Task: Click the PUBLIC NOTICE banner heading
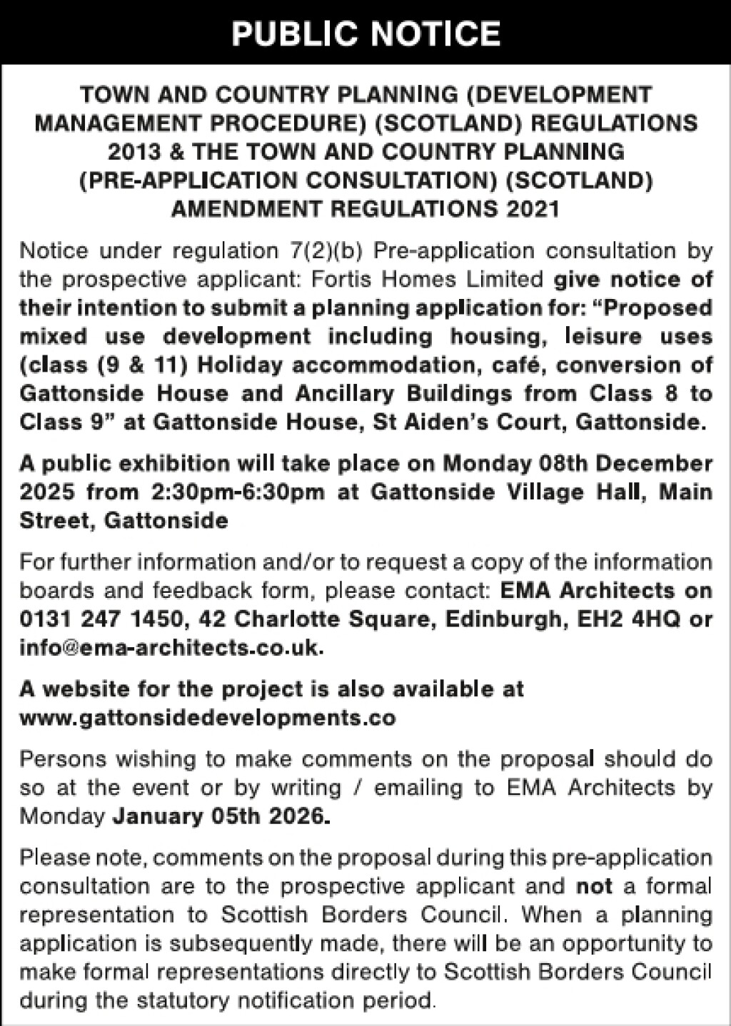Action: (365, 34)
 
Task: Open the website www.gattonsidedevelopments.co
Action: (207, 717)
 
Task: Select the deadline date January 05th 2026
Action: (221, 816)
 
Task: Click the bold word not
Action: (595, 886)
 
